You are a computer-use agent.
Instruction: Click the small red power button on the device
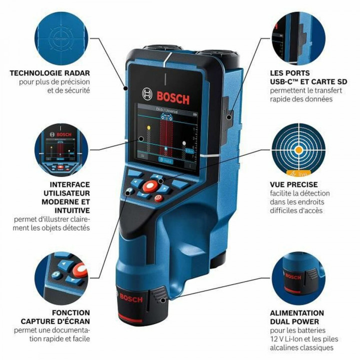158,199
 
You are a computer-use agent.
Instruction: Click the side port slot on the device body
229,115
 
